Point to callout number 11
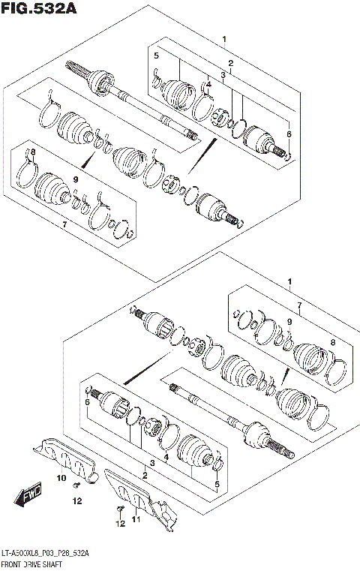[135, 518]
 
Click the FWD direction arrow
[28, 497]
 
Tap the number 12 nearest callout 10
[77, 502]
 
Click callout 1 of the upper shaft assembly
[223, 39]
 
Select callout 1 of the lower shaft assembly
[289, 282]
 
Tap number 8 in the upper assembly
[33, 152]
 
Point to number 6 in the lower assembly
[88, 403]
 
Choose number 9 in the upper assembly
[76, 180]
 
